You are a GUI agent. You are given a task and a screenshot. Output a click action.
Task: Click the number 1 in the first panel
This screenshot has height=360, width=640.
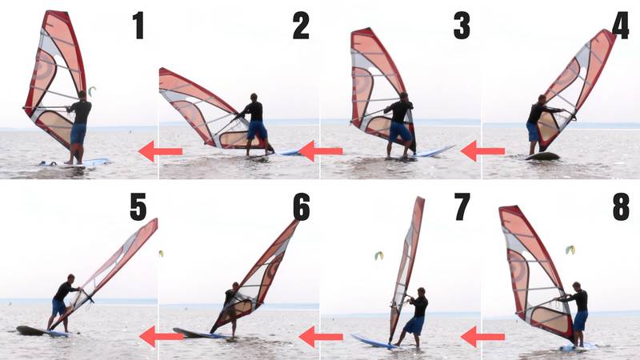139,26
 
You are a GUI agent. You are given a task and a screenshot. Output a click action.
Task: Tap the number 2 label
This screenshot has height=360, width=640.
301,26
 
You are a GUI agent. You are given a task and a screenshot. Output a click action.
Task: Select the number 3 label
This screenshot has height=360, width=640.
462,26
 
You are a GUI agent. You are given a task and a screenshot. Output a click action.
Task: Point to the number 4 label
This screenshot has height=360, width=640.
620,26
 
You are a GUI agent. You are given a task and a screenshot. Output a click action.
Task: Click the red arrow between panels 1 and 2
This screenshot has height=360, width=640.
160,150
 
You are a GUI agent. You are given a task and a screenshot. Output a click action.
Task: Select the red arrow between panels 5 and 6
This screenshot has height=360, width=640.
160,337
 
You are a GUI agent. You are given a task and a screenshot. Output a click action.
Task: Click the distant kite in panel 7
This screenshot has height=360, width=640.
378,255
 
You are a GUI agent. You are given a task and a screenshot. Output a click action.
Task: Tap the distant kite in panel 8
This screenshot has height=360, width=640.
570,250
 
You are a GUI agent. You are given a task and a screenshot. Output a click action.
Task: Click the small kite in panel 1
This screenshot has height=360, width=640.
92,90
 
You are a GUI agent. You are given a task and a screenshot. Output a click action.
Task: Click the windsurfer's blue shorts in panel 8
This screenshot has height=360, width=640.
580,320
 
